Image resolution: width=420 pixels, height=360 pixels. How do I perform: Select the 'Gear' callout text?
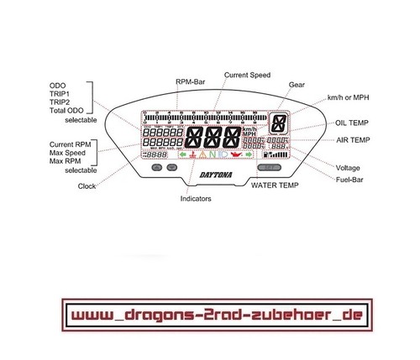pyautogui.click(x=297, y=85)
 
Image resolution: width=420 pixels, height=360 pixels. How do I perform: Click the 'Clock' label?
pyautogui.click(x=87, y=186)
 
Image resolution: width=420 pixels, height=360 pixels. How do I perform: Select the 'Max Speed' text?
pyautogui.click(x=70, y=152)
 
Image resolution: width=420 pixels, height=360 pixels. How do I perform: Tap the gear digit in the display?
pyautogui.click(x=276, y=123)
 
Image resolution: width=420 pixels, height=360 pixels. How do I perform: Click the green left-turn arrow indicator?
pyautogui.click(x=182, y=155)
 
